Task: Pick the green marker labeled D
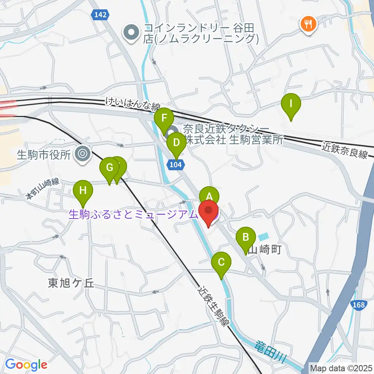[176, 142]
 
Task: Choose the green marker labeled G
[109, 168]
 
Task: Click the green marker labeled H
[83, 191]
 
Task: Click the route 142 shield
[100, 14]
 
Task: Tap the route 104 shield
[176, 165]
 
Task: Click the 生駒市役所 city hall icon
[83, 154]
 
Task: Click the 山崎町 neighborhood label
[265, 250]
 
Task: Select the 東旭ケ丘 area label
[71, 283]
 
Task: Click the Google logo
[26, 365]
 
